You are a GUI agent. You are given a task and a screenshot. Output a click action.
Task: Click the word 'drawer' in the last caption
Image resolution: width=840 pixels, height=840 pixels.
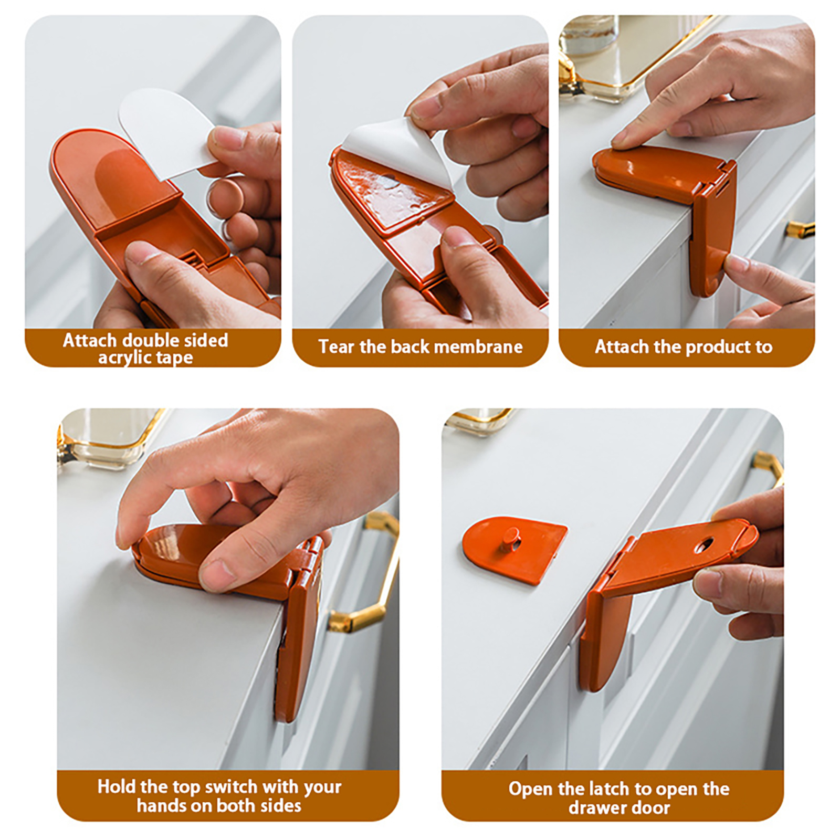pyautogui.click(x=595, y=807)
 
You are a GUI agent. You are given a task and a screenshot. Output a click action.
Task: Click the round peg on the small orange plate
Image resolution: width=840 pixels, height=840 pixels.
pyautogui.click(x=509, y=537)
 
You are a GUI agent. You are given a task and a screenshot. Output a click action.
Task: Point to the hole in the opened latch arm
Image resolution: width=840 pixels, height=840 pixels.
pyautogui.click(x=704, y=545)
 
